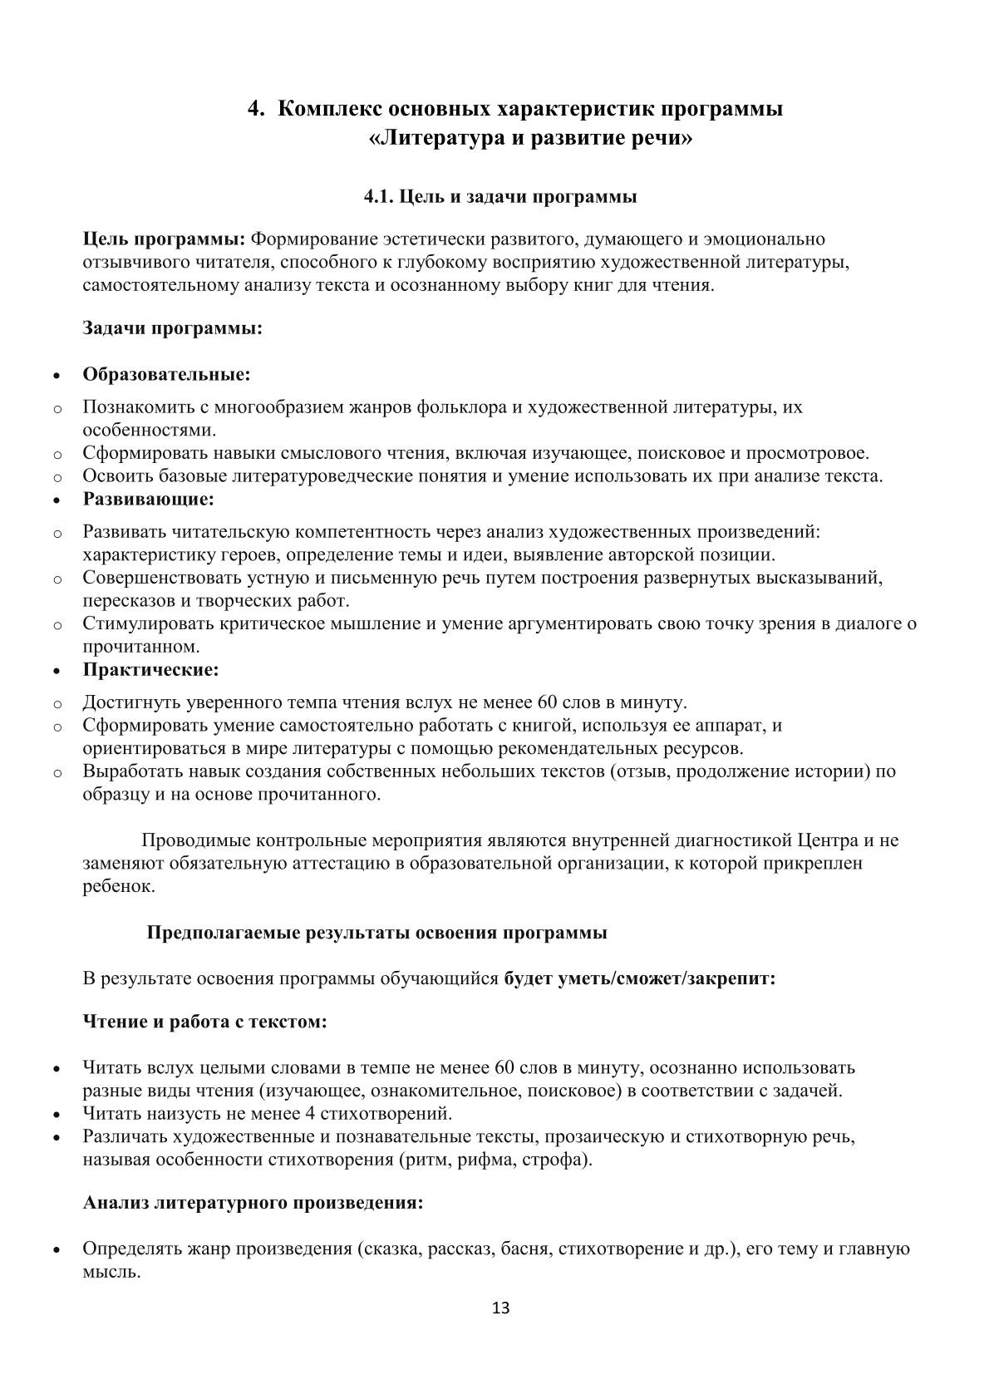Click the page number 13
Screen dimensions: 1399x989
click(x=501, y=1308)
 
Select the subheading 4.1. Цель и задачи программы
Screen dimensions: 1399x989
click(x=501, y=197)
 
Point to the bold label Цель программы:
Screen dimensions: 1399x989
click(x=164, y=239)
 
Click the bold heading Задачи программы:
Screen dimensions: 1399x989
click(x=172, y=328)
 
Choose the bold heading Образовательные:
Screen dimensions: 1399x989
click(x=166, y=374)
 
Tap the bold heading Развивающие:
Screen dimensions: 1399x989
click(x=148, y=499)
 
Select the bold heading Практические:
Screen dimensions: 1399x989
click(x=150, y=668)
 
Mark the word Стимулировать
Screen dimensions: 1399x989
click(x=144, y=623)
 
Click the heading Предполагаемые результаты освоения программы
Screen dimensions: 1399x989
click(x=376, y=932)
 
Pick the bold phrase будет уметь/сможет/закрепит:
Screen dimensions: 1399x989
click(x=640, y=978)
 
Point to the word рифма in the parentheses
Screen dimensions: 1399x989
click(x=491, y=1160)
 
